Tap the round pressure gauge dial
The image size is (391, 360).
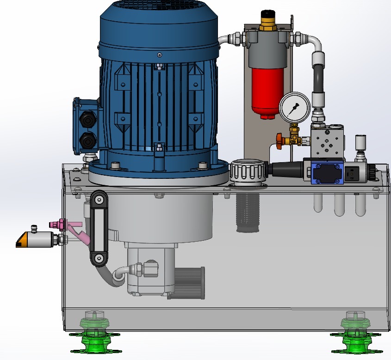tap(294, 107)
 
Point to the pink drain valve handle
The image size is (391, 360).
tap(74, 230)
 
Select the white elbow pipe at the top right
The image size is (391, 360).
tap(315, 42)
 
